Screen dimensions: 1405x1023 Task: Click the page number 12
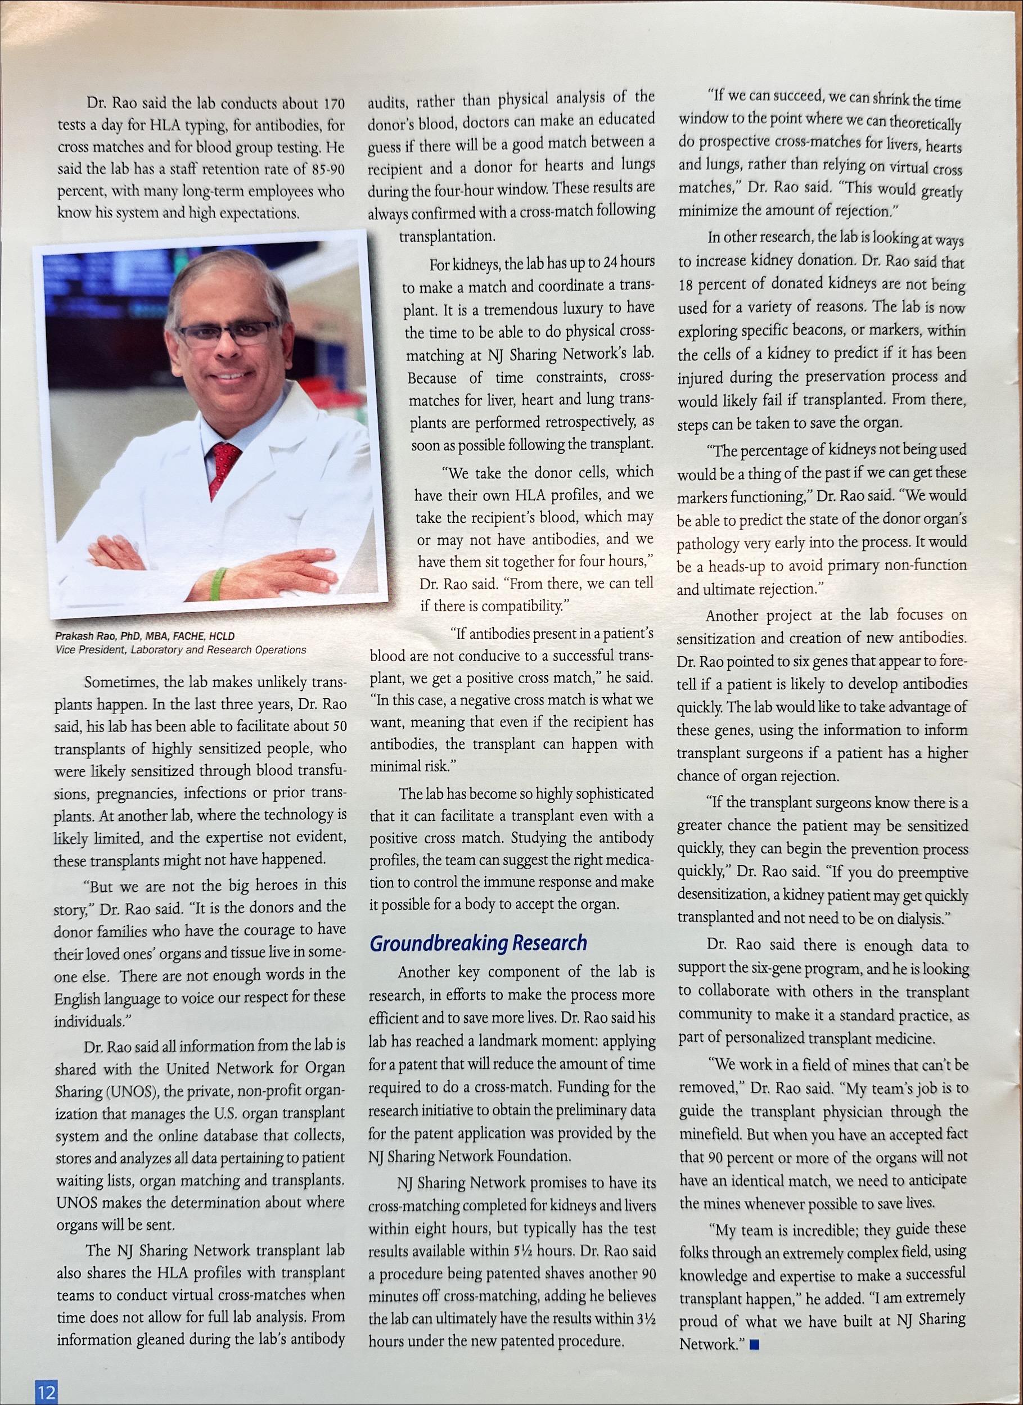tap(46, 1389)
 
